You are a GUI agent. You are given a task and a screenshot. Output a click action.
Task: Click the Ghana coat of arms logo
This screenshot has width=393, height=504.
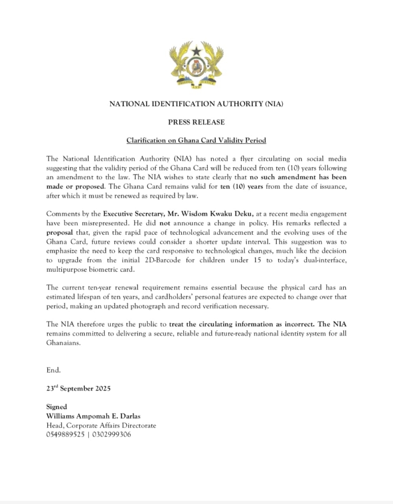[196, 65]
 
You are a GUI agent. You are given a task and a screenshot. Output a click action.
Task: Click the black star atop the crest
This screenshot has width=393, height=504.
[196, 50]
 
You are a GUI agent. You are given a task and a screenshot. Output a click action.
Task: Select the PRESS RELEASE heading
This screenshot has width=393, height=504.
[196, 122]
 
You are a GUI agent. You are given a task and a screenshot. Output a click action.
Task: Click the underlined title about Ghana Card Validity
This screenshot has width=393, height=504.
[196, 141]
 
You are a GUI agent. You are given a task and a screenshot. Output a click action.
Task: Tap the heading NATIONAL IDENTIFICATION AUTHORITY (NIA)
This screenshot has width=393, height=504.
[196, 104]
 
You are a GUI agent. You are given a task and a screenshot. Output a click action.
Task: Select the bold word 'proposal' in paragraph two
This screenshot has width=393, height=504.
[61, 232]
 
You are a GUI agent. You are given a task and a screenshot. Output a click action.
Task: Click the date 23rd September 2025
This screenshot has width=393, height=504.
[78, 388]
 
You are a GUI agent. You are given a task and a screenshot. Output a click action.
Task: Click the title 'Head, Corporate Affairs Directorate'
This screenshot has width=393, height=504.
[101, 425]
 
